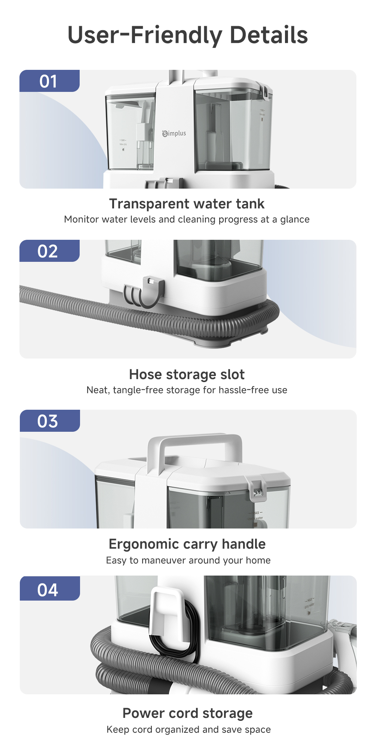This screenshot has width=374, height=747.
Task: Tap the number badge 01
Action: (49, 81)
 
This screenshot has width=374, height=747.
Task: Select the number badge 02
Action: (49, 251)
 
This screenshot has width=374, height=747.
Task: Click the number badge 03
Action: (50, 421)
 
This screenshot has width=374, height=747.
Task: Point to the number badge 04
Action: (50, 588)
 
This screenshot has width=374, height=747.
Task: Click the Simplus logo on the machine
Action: (174, 133)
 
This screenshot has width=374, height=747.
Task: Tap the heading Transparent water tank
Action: (187, 204)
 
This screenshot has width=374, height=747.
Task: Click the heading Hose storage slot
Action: (187, 374)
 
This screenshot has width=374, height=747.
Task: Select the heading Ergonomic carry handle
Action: (187, 544)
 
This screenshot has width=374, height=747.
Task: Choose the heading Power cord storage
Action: (188, 713)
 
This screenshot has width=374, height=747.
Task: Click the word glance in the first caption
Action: (295, 220)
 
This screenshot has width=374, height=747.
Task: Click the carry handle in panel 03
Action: (194, 441)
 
